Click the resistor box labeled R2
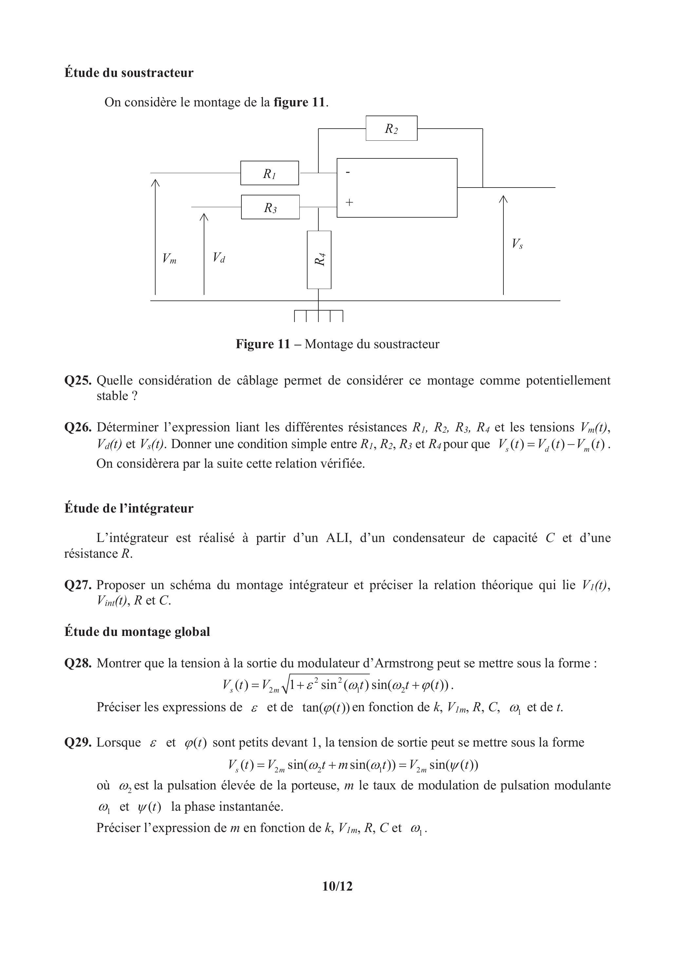[x=391, y=128]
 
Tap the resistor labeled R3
[x=270, y=207]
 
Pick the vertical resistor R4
[x=319, y=260]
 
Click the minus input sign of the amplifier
[x=348, y=172]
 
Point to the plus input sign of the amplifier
[x=349, y=203]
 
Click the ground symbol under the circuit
[x=318, y=316]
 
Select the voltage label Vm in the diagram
[x=169, y=259]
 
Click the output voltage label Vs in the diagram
[x=517, y=244]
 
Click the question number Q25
[x=78, y=381]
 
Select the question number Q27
[x=78, y=585]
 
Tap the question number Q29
[x=78, y=742]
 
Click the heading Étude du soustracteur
[x=129, y=73]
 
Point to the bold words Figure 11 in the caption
[x=263, y=344]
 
